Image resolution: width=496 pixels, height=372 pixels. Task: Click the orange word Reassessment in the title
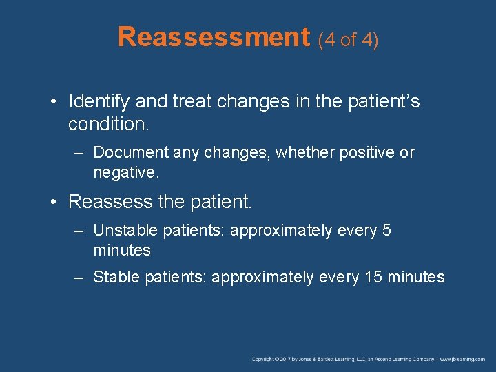(214, 37)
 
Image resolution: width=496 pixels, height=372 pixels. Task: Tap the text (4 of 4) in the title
(348, 40)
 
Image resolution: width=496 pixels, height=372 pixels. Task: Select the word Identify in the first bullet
(99, 102)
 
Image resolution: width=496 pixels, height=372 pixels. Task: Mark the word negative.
(126, 172)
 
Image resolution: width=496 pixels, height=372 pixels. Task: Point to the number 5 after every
(386, 230)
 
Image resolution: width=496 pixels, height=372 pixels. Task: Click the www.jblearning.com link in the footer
(462, 360)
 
